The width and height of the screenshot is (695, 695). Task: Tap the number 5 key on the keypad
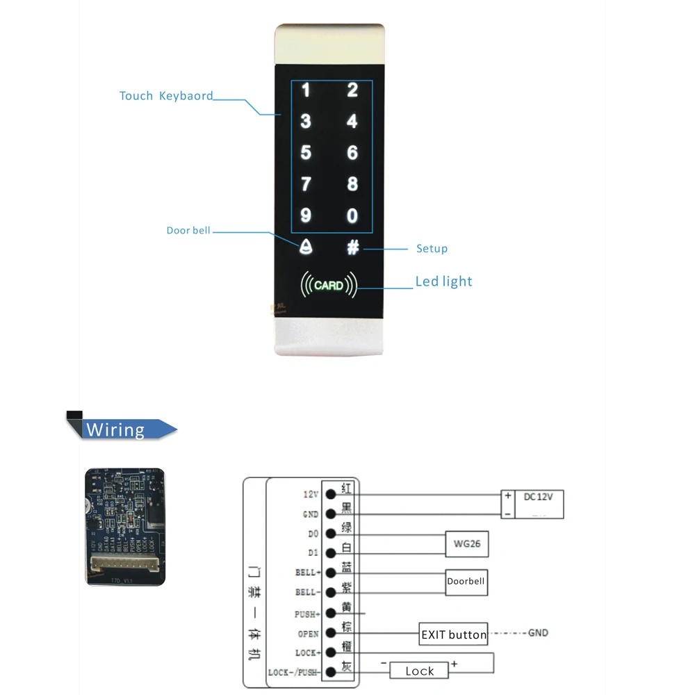306,153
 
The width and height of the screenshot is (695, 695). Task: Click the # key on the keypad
353,247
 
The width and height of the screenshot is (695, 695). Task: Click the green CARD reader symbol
329,285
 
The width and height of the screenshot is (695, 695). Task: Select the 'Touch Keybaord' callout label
166,96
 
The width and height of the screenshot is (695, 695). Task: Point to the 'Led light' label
443,281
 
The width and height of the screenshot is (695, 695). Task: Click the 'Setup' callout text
432,248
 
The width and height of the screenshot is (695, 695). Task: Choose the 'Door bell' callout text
188,230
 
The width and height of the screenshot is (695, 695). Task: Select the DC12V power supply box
532,504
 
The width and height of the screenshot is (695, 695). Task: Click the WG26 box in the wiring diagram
466,545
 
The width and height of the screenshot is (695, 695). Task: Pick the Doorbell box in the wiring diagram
466,582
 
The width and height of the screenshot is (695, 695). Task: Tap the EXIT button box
453,635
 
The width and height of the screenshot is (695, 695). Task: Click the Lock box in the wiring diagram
419,671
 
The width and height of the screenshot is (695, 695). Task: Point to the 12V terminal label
310,494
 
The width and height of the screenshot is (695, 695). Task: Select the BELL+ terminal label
307,573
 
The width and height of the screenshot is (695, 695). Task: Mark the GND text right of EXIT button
538,633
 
